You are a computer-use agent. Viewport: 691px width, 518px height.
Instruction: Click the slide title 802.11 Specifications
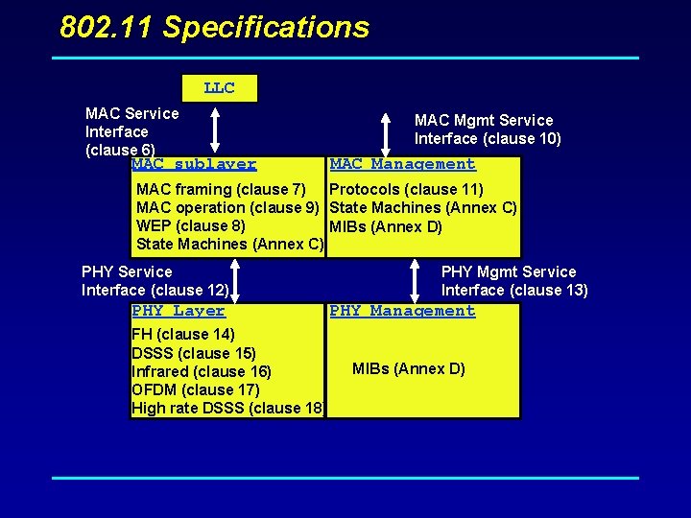(x=214, y=27)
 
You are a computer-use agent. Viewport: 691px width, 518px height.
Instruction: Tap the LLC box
(x=219, y=88)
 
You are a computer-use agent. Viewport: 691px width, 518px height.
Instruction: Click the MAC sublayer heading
(x=194, y=165)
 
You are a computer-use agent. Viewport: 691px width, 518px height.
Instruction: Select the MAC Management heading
(x=402, y=164)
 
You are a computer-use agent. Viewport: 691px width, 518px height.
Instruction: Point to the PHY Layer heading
(x=178, y=311)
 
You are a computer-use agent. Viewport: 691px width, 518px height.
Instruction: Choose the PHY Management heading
(x=402, y=311)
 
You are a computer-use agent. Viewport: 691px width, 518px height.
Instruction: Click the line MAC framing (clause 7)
(x=221, y=189)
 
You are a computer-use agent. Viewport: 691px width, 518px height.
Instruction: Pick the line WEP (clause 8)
(x=190, y=225)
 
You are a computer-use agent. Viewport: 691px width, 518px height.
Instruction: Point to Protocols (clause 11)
(x=406, y=189)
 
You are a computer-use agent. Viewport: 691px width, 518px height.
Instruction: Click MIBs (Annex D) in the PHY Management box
(x=408, y=368)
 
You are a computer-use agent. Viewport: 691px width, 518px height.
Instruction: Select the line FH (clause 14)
(x=182, y=334)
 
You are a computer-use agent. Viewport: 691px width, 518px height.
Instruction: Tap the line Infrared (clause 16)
(x=201, y=371)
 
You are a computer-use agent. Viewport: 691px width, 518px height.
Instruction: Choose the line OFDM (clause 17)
(x=195, y=389)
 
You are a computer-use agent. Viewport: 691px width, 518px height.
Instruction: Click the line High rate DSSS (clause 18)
(x=226, y=408)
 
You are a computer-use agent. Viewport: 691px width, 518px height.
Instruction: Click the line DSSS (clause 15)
(x=193, y=352)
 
